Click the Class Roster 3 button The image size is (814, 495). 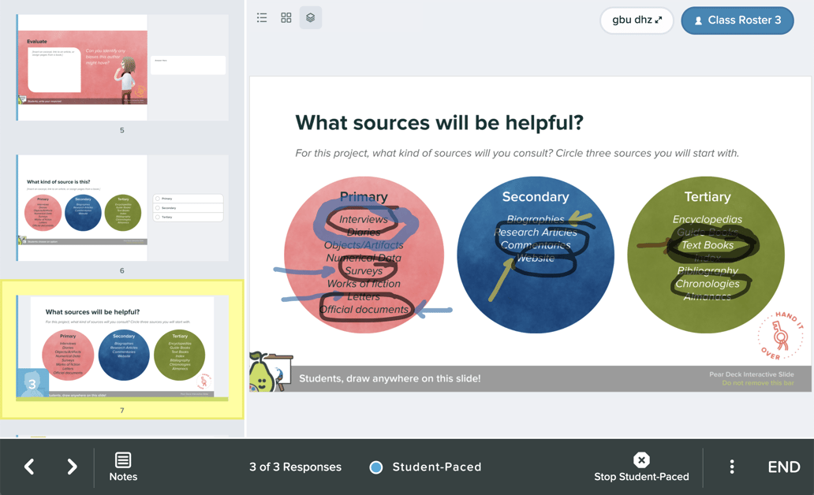pos(737,20)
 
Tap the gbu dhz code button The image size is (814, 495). pos(637,20)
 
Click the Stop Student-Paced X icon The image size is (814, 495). pos(641,460)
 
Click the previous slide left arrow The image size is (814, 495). pos(29,467)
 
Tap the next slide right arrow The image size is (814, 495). pos(72,467)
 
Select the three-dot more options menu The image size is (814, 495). pos(732,467)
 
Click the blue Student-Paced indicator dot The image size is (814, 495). pos(376,467)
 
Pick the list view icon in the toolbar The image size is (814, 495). pos(262,17)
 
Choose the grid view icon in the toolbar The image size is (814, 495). pos(286,17)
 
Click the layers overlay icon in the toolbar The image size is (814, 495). pos(311,17)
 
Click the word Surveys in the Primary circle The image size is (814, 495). pos(364,271)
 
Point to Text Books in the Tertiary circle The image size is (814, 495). pos(708,245)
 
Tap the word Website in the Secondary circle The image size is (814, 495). pos(536,258)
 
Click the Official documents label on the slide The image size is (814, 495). pos(364,310)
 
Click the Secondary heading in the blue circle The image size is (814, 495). pos(536,197)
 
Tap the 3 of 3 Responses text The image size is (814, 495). pos(295,467)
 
